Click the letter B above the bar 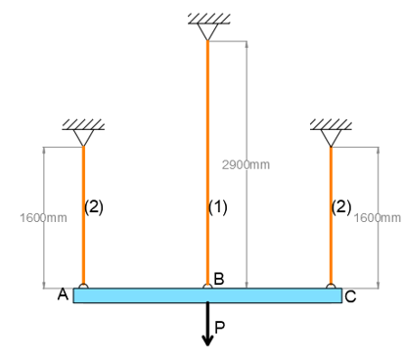pos(219,280)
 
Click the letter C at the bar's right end pos(350,296)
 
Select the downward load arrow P pos(207,324)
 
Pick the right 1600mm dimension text pos(378,216)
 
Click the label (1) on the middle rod pos(218,207)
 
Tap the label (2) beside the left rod pos(94,206)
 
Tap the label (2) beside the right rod pos(341,206)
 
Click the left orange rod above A pos(83,215)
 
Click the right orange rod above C pos(331,215)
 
